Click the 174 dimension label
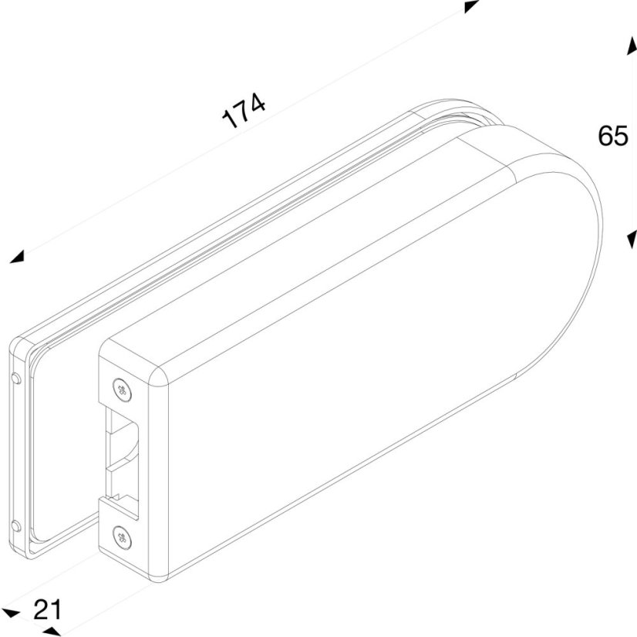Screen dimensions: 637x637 pyautogui.click(x=244, y=110)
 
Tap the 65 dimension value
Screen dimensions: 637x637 pyautogui.click(x=613, y=136)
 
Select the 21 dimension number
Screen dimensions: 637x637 pyautogui.click(x=48, y=609)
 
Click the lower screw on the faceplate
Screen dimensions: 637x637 pyautogui.click(x=122, y=538)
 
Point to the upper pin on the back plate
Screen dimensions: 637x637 pyautogui.click(x=16, y=378)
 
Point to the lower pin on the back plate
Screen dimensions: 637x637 pyautogui.click(x=16, y=527)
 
